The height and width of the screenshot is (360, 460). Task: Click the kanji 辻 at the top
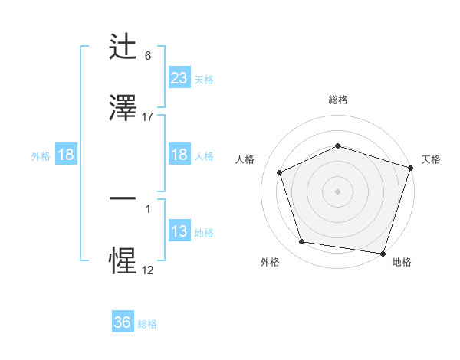click(123, 48)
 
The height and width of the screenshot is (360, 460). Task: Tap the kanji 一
click(123, 198)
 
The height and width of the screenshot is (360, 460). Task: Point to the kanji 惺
click(123, 261)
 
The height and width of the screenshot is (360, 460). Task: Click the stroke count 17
click(148, 116)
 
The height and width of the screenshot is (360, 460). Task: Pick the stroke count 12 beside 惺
click(148, 270)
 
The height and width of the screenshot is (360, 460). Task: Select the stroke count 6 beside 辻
click(148, 56)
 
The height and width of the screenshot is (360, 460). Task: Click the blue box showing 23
click(179, 77)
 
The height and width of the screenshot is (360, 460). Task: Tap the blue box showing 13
click(179, 231)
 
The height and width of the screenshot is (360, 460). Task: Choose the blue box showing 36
click(123, 322)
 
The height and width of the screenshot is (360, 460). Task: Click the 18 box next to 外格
click(66, 155)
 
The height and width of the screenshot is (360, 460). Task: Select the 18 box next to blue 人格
click(179, 155)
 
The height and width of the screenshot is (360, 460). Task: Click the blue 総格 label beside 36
click(147, 324)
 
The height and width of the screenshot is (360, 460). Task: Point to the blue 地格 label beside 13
click(204, 233)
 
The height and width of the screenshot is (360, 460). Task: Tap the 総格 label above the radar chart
click(338, 100)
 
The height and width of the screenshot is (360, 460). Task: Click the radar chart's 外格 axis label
click(270, 262)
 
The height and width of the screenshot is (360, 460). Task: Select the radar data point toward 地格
click(383, 253)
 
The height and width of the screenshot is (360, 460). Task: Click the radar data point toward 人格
click(280, 172)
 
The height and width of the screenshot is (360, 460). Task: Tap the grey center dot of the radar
click(338, 191)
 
